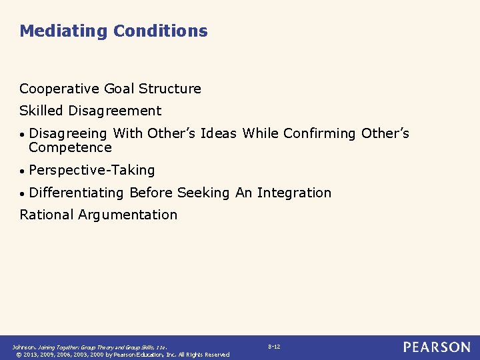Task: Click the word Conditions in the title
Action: (161, 31)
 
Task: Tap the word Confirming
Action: (319, 133)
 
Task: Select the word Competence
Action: (70, 147)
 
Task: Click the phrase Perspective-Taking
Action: (92, 170)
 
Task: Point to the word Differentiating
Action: (77, 193)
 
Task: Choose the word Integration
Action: (294, 193)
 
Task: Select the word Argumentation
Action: (127, 215)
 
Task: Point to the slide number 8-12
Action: (274, 347)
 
